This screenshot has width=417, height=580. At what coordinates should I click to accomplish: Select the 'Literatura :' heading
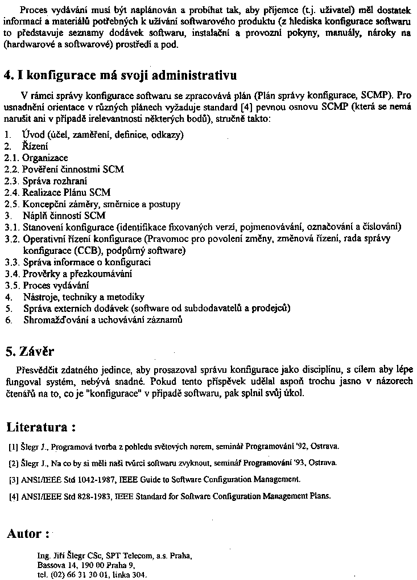point(41,427)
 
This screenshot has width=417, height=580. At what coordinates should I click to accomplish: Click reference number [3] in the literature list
point(14,479)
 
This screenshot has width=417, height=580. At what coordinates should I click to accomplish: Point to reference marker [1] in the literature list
point(14,446)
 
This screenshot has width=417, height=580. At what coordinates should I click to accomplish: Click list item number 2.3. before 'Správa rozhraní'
point(11,181)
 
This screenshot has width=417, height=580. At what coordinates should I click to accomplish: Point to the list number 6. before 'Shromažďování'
point(9,320)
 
